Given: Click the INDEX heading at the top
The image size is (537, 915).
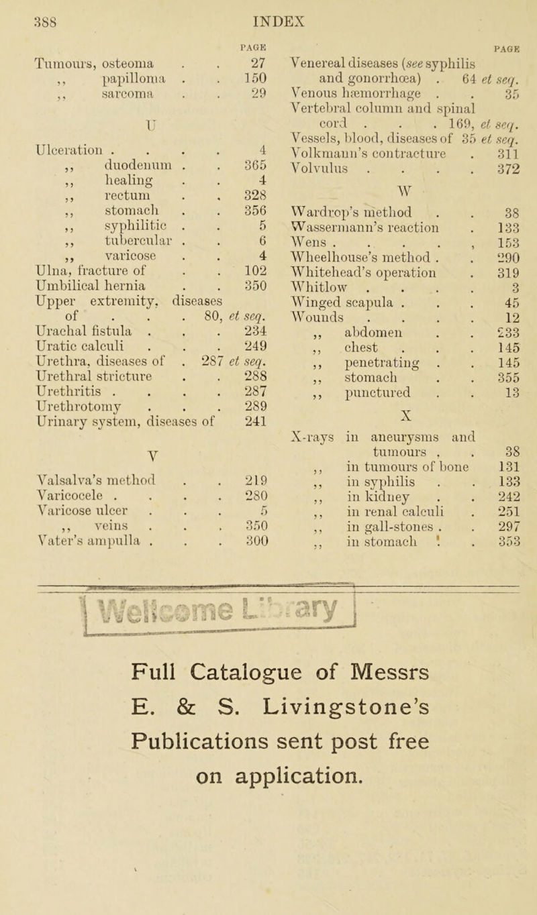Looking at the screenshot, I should point(272,11).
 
